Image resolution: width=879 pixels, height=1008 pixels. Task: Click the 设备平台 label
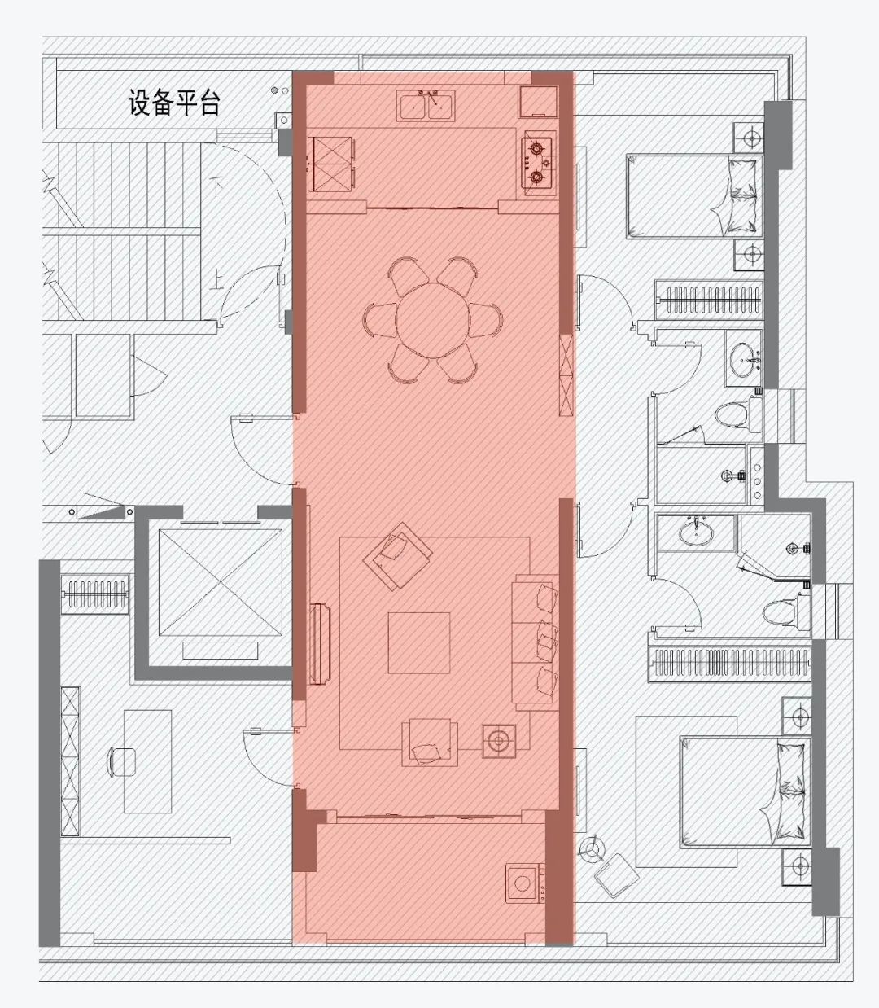click(x=173, y=103)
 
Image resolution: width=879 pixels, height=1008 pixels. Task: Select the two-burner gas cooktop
click(x=536, y=162)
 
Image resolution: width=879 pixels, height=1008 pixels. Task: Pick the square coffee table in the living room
click(x=418, y=642)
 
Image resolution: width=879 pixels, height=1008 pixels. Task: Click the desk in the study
click(x=148, y=760)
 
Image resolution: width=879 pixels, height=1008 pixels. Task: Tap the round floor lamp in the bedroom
click(x=590, y=852)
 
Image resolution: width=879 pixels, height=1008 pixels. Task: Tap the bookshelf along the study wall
click(x=71, y=760)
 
